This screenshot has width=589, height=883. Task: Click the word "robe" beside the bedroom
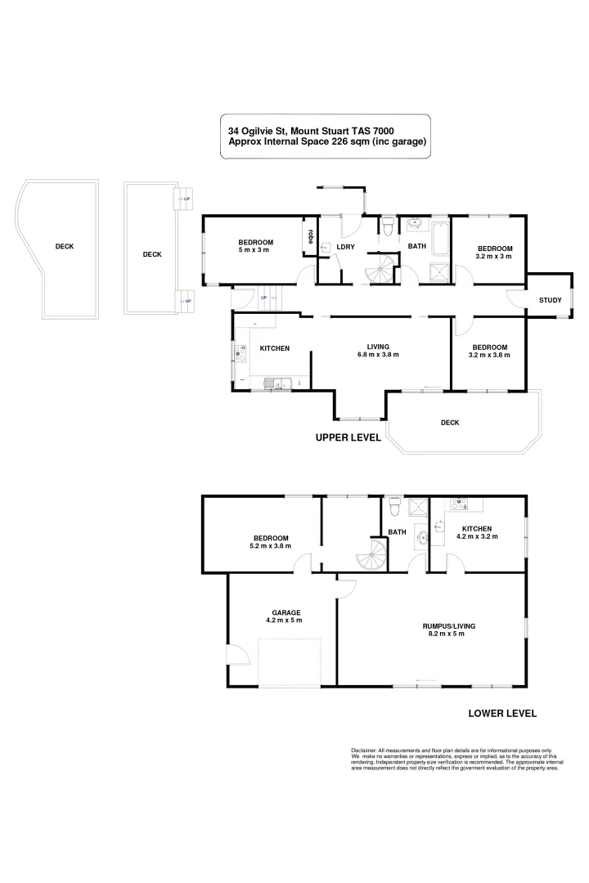(310, 235)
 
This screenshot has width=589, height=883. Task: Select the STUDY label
(550, 300)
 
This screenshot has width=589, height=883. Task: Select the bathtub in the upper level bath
(439, 238)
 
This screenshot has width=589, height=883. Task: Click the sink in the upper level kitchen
(273, 383)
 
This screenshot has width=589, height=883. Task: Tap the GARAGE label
(286, 612)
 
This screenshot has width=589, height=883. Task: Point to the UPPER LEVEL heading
(348, 438)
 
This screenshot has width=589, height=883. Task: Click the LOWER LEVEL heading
(501, 713)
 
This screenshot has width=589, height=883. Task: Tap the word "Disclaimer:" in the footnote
(365, 750)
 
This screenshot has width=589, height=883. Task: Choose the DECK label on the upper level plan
(449, 423)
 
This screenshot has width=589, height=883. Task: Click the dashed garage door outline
(287, 662)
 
